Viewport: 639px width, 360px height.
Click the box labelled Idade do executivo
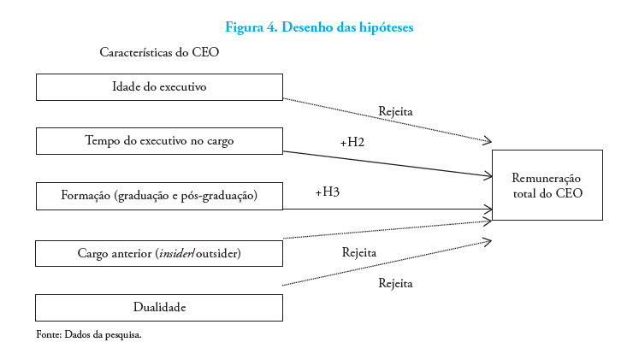point(159,87)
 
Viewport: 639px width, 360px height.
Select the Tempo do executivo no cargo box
point(159,141)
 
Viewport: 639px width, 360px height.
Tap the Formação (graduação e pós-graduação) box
point(159,196)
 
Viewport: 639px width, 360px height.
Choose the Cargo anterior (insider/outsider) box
point(159,253)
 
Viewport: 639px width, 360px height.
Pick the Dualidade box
point(159,307)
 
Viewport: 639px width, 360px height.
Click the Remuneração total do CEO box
point(547,185)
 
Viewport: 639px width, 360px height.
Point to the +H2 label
point(352,142)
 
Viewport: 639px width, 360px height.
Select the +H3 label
point(327,192)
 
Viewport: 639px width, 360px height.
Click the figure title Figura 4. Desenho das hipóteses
point(319,27)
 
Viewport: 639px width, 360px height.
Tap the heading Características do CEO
point(160,52)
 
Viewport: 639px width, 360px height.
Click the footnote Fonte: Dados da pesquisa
point(88,334)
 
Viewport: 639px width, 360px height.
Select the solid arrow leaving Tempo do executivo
point(385,163)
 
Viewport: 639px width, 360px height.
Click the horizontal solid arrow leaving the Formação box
point(385,209)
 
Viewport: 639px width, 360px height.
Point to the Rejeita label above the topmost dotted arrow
point(396,111)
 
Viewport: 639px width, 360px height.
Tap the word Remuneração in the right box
point(547,178)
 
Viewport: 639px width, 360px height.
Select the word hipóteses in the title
point(383,27)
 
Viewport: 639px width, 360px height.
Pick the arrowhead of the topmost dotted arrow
point(488,141)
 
